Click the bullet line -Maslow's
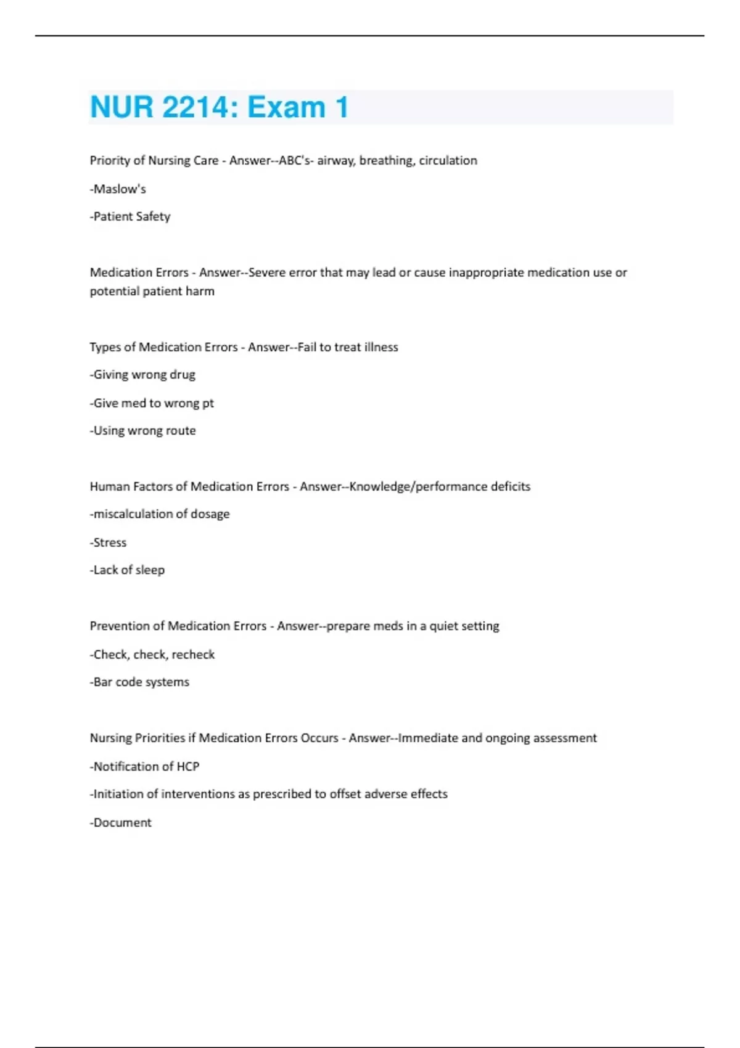point(118,189)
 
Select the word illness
point(380,347)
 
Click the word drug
point(183,375)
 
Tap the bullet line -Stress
point(108,542)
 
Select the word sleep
point(150,570)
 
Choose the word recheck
point(193,654)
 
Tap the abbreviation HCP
point(187,766)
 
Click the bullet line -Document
point(121,822)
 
